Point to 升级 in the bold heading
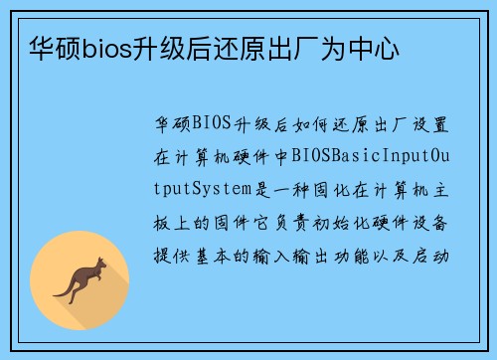(157, 47)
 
